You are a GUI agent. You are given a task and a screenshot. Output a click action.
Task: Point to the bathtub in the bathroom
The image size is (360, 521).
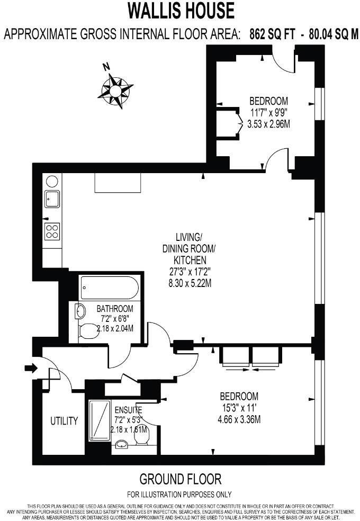[x=110, y=288]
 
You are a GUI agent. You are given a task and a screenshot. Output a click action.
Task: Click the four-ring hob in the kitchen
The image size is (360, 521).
[x=52, y=231]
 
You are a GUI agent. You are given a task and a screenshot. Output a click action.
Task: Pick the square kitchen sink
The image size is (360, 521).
[x=52, y=199]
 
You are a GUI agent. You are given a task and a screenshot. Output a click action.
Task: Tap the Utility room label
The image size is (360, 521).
[x=64, y=421]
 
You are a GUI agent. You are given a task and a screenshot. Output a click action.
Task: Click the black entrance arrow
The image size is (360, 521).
[x=31, y=368]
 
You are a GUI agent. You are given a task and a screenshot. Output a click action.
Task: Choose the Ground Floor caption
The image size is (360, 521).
[x=180, y=480]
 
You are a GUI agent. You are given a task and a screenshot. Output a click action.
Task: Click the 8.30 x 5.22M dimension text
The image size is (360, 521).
[x=190, y=283]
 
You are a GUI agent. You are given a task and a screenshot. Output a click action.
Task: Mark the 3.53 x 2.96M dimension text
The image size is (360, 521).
[x=269, y=124]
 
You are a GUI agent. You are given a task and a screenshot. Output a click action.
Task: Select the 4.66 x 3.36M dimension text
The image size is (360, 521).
[x=239, y=420]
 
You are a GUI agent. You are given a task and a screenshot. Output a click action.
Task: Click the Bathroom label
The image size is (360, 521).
[x=114, y=309]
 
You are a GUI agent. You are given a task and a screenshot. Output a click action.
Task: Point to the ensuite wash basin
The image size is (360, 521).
[x=122, y=444]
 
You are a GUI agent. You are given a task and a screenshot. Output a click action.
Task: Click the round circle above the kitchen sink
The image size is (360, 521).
[x=51, y=181]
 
